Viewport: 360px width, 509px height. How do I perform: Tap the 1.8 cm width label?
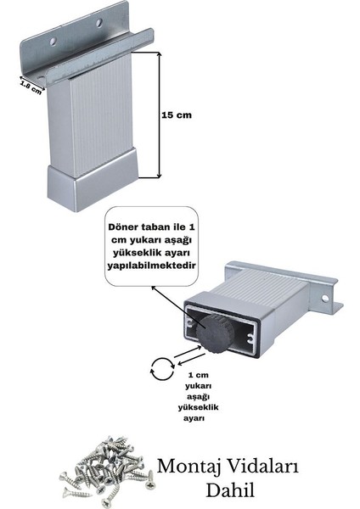[30, 86]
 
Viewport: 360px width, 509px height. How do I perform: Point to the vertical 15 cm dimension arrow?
[159, 115]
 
